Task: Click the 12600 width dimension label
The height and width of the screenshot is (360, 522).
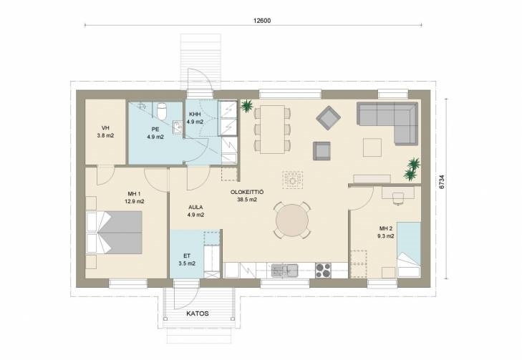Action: [262, 21]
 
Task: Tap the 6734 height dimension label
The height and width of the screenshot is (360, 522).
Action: [441, 182]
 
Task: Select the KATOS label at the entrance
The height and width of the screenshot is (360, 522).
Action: [198, 313]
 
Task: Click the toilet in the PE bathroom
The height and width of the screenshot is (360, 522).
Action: [162, 111]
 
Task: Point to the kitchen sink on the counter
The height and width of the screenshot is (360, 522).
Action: [284, 271]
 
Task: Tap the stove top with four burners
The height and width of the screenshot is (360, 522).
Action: [323, 271]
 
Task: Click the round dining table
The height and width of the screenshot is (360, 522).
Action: [292, 220]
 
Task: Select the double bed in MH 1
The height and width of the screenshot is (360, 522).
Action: [115, 232]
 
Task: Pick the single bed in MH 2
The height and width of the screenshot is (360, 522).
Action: [409, 249]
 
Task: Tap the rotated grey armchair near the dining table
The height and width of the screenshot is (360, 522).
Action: [328, 117]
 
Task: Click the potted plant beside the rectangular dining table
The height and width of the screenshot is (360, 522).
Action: [247, 106]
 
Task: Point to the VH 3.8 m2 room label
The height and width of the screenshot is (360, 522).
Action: [105, 132]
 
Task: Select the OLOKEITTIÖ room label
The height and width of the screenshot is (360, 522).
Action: [247, 193]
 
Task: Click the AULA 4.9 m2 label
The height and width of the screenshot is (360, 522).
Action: [195, 211]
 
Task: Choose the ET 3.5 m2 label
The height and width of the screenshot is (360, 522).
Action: [187, 260]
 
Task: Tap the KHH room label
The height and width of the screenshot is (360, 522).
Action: [195, 115]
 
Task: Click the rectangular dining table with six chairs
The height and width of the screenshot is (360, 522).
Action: [272, 129]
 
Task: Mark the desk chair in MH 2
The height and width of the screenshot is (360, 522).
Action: [398, 198]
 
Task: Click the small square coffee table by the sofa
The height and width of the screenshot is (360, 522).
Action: [372, 147]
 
